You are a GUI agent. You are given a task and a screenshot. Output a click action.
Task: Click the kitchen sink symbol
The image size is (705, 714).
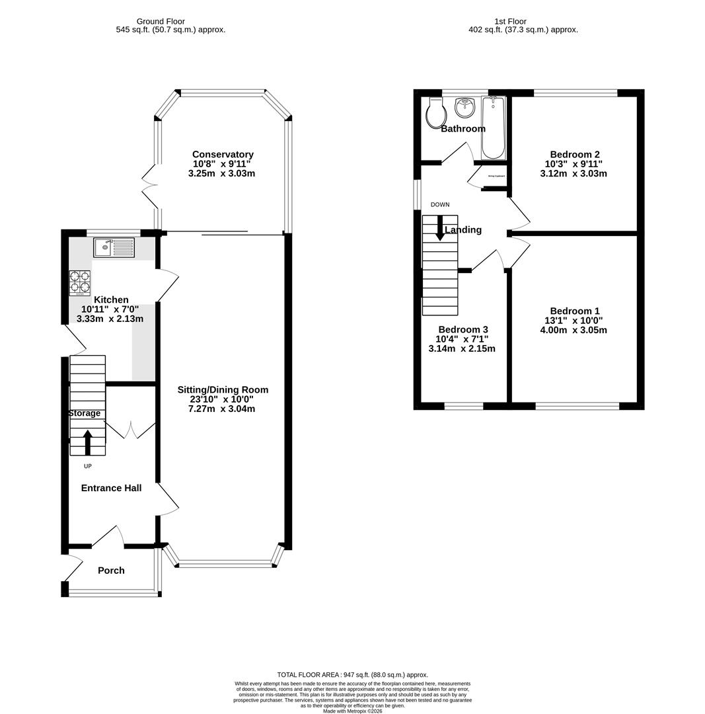tap(114, 247)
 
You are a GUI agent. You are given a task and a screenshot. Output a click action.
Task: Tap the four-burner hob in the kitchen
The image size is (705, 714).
tap(79, 283)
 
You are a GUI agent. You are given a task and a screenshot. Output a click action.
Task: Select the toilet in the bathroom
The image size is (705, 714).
tap(435, 114)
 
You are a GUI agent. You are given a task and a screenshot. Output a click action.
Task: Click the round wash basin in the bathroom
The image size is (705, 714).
tap(465, 107)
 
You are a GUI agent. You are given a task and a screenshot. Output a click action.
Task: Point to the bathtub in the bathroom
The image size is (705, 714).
tap(493, 128)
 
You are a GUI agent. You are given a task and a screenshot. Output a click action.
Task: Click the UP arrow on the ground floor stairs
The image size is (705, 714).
tap(87, 442)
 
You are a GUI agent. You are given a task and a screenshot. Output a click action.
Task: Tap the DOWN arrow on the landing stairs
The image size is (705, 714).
tap(440, 227)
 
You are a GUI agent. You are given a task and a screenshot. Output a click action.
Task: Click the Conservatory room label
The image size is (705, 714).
tap(223, 154)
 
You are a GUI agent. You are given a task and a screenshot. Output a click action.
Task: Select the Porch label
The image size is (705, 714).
tap(111, 571)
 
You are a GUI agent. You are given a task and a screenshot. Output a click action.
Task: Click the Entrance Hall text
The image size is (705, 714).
tap(111, 488)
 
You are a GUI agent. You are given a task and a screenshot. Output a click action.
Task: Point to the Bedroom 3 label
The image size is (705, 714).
tap(463, 329)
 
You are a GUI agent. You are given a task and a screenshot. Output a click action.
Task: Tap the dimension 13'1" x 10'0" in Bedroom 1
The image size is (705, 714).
tap(574, 321)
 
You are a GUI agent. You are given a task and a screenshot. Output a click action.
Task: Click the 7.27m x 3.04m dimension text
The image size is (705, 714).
tap(221, 409)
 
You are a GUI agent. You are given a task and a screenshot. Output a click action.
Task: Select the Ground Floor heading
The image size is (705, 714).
tap(160, 21)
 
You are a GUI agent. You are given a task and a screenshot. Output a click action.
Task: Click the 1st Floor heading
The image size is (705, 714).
tap(510, 21)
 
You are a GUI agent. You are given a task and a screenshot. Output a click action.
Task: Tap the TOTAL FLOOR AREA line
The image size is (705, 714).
tap(352, 675)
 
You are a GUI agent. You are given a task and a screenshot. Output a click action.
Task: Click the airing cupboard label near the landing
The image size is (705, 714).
tap(496, 177)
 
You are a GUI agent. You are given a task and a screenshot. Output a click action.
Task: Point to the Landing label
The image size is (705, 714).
tap(463, 230)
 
